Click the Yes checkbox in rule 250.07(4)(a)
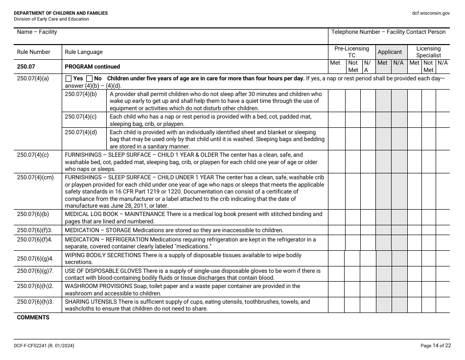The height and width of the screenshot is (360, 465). pyautogui.click(x=69, y=79)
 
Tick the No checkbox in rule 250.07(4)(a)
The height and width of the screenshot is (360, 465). pyautogui.click(x=89, y=79)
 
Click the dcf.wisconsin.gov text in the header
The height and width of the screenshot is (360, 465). pyautogui.click(x=431, y=13)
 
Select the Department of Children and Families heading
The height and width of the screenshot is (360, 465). pyautogui.click(x=61, y=13)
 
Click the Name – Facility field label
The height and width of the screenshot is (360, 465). pyautogui.click(x=37, y=32)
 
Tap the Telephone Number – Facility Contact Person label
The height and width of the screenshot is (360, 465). pyautogui.click(x=388, y=32)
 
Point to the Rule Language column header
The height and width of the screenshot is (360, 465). pyautogui.click(x=84, y=52)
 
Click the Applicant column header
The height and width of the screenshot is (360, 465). pyautogui.click(x=390, y=52)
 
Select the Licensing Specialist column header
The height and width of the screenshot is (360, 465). pyautogui.click(x=428, y=52)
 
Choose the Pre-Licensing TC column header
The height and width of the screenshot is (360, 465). pyautogui.click(x=351, y=52)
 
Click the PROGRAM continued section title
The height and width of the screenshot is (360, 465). pyautogui.click(x=92, y=67)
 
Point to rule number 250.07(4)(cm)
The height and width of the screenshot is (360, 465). pyautogui.click(x=35, y=178)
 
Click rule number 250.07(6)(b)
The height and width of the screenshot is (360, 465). pyautogui.click(x=33, y=214)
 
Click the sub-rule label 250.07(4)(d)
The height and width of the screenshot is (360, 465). pyautogui.click(x=81, y=132)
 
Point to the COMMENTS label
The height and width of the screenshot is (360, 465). pyautogui.click(x=33, y=317)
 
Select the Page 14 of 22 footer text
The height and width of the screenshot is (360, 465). pyautogui.click(x=435, y=346)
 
